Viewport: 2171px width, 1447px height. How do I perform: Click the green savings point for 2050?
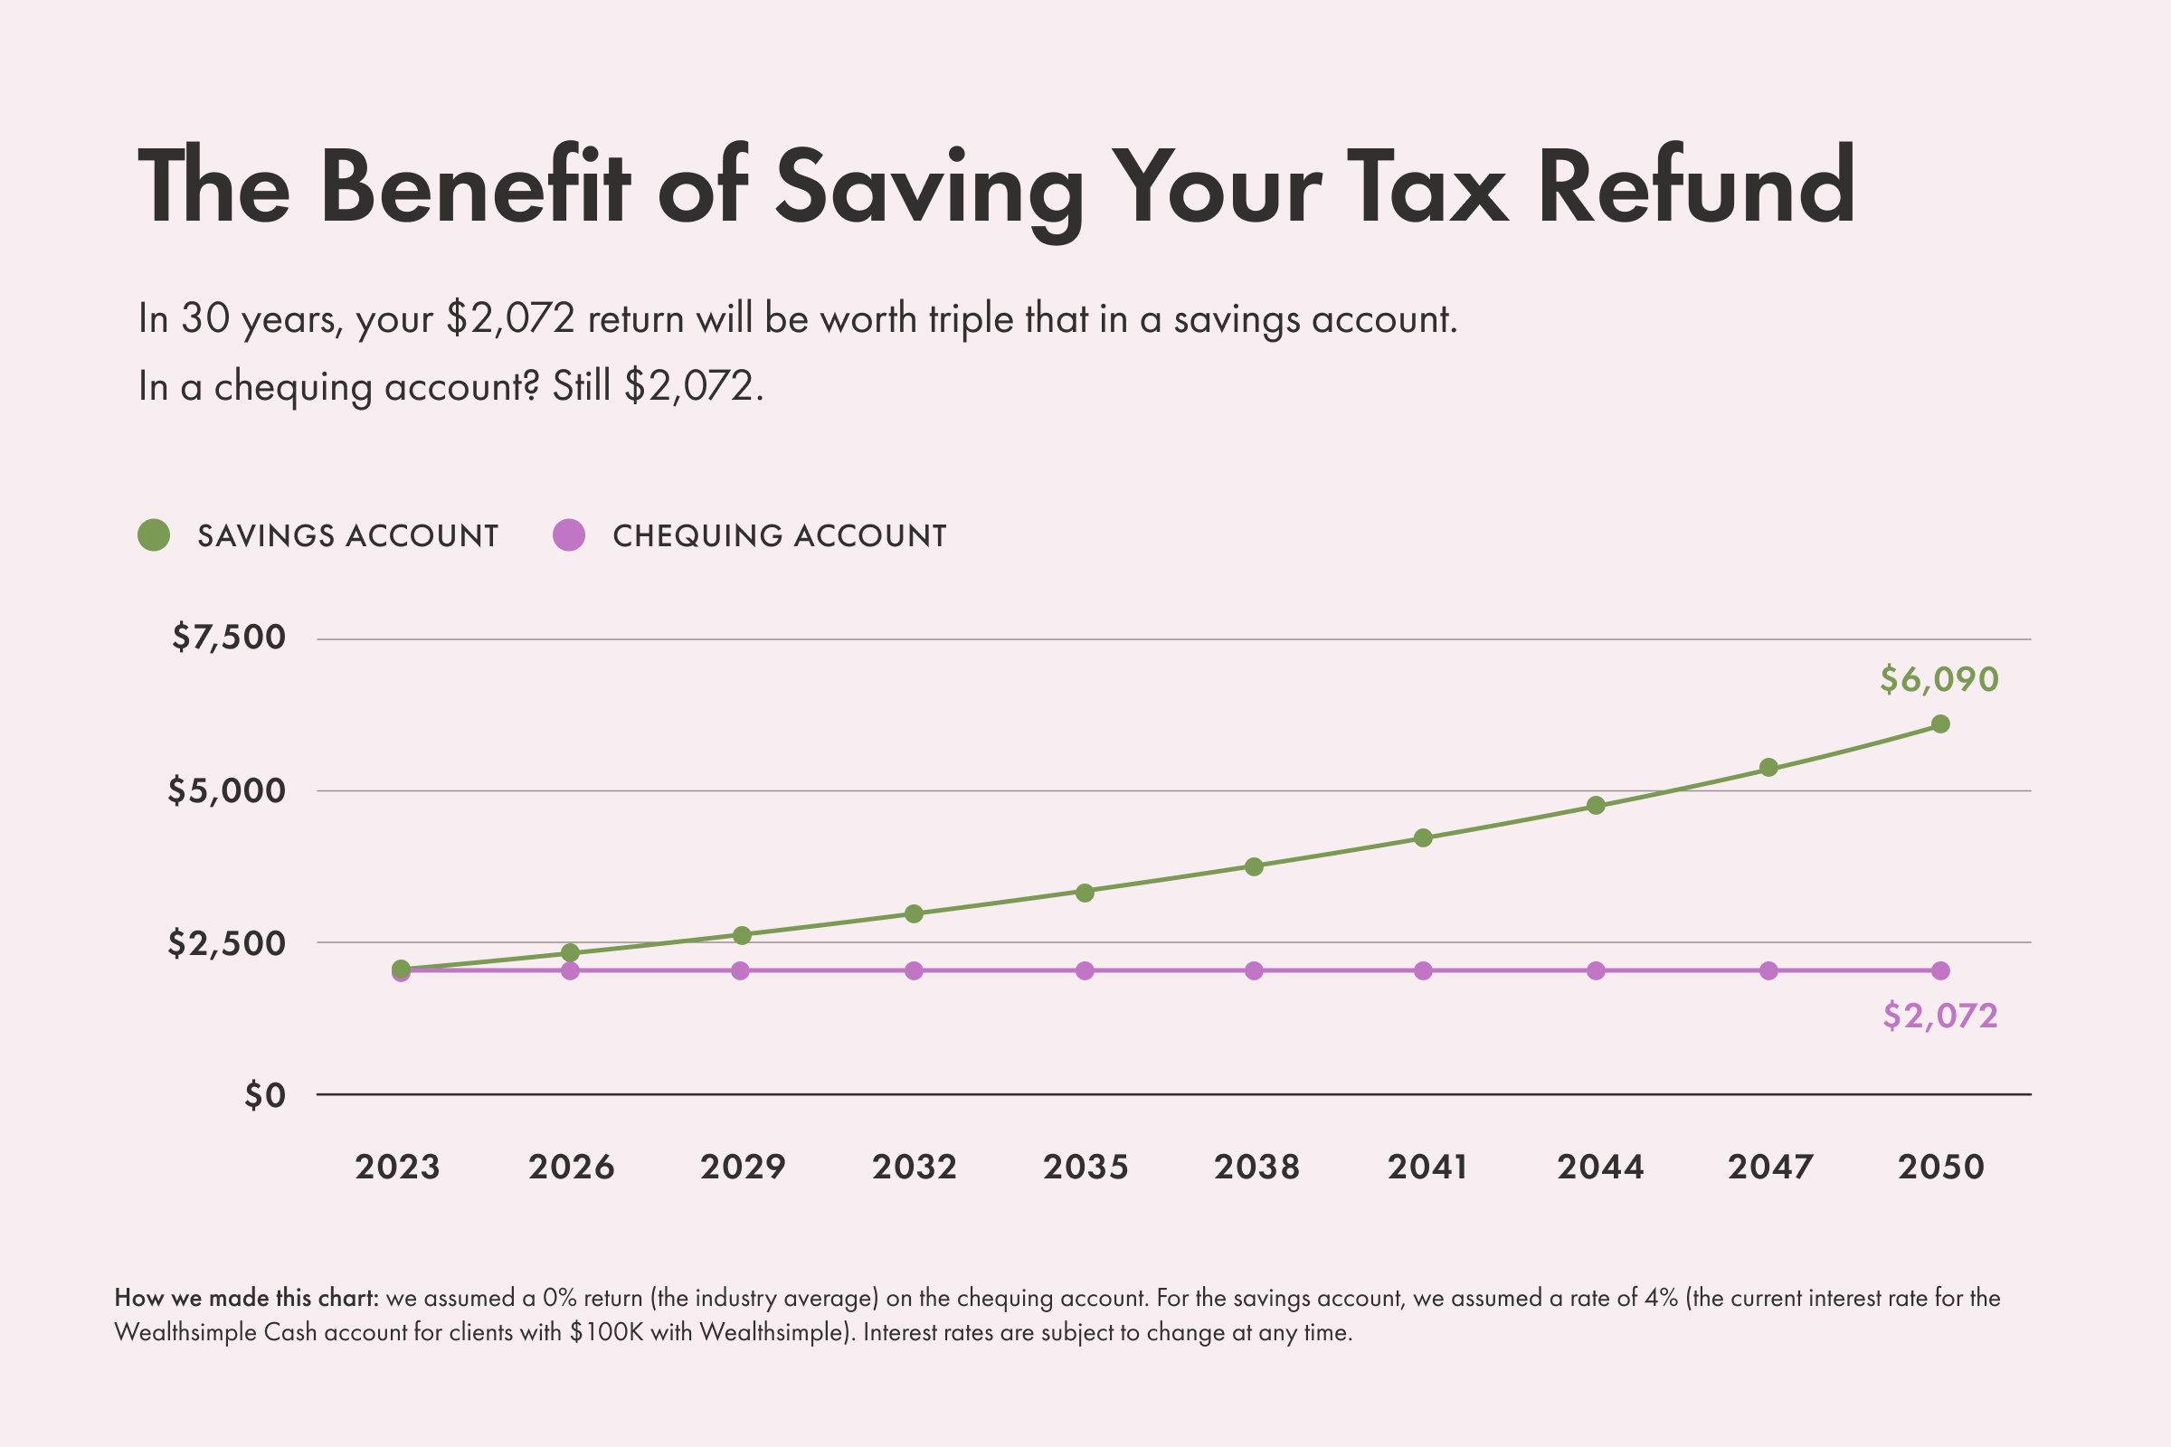[1940, 724]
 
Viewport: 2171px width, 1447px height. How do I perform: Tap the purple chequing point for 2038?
[1254, 970]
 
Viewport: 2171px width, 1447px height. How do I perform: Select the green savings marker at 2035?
[1085, 893]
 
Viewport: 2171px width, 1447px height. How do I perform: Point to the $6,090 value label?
[1939, 680]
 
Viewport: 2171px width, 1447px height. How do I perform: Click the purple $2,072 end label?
[1940, 1016]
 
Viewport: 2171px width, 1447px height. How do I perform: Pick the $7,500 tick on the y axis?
[228, 638]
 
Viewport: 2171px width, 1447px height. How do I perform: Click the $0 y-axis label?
[264, 1095]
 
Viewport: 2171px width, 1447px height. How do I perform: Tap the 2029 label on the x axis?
[742, 1168]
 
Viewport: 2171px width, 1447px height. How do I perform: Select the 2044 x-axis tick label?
[1600, 1168]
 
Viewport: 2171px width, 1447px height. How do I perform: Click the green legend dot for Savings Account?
[154, 535]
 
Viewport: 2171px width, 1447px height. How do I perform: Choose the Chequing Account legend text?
[779, 536]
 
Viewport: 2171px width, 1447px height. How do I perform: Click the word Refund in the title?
[1695, 187]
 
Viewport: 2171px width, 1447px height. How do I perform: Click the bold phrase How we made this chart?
[246, 1298]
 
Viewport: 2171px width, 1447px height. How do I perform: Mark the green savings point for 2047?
[1768, 768]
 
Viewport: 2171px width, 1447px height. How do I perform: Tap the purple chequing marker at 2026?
[571, 970]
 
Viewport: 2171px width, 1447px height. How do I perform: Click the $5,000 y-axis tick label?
[226, 790]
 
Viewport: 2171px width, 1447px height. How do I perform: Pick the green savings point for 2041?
[1423, 838]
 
